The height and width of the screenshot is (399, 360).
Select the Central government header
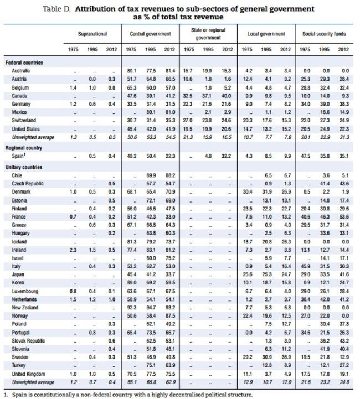[x=150, y=34]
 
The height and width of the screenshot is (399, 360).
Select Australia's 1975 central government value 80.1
[x=131, y=71]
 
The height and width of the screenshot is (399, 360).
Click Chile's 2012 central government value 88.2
[x=171, y=174]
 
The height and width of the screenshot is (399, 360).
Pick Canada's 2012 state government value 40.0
[x=228, y=96]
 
